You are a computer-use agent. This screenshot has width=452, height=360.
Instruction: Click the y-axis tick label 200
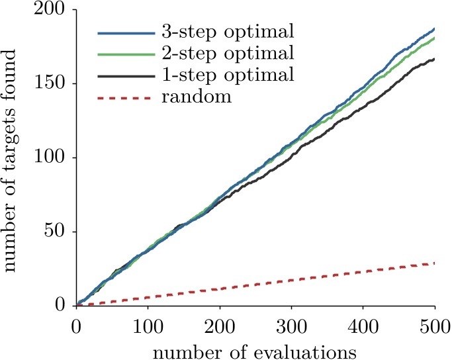tap(48, 9)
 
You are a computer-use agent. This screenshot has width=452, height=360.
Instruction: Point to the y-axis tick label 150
tap(48, 83)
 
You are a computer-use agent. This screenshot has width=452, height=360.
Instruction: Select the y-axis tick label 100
tap(48, 157)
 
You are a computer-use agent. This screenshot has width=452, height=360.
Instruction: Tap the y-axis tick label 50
tap(54, 232)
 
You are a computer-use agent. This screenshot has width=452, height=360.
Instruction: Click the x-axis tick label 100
tap(148, 327)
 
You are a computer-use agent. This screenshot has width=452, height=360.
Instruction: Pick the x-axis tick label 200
tap(220, 327)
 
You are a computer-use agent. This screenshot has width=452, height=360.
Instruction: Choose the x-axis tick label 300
tap(291, 327)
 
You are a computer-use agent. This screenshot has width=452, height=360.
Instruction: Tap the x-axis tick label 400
tap(363, 327)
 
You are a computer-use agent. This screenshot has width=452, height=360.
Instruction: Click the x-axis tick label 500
tap(435, 327)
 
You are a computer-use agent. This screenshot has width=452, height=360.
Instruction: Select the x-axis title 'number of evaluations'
tap(255, 352)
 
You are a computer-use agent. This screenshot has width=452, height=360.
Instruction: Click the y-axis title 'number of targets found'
tap(10, 160)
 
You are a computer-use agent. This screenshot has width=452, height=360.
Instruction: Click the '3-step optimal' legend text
tap(228, 32)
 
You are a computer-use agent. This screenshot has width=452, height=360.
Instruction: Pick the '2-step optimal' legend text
tap(228, 54)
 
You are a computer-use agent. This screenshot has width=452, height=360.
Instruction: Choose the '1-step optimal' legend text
tap(228, 75)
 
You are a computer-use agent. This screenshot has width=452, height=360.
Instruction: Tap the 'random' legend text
tap(197, 97)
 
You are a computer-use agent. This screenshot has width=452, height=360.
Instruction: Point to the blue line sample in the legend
tap(126, 33)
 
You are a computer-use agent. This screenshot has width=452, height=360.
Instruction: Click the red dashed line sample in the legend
tap(124, 99)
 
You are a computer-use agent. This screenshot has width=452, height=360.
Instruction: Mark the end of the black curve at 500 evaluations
tap(434, 60)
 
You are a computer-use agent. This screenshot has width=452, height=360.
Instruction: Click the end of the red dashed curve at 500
tap(434, 263)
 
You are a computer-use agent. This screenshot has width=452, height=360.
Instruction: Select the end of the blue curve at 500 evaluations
tap(434, 29)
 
